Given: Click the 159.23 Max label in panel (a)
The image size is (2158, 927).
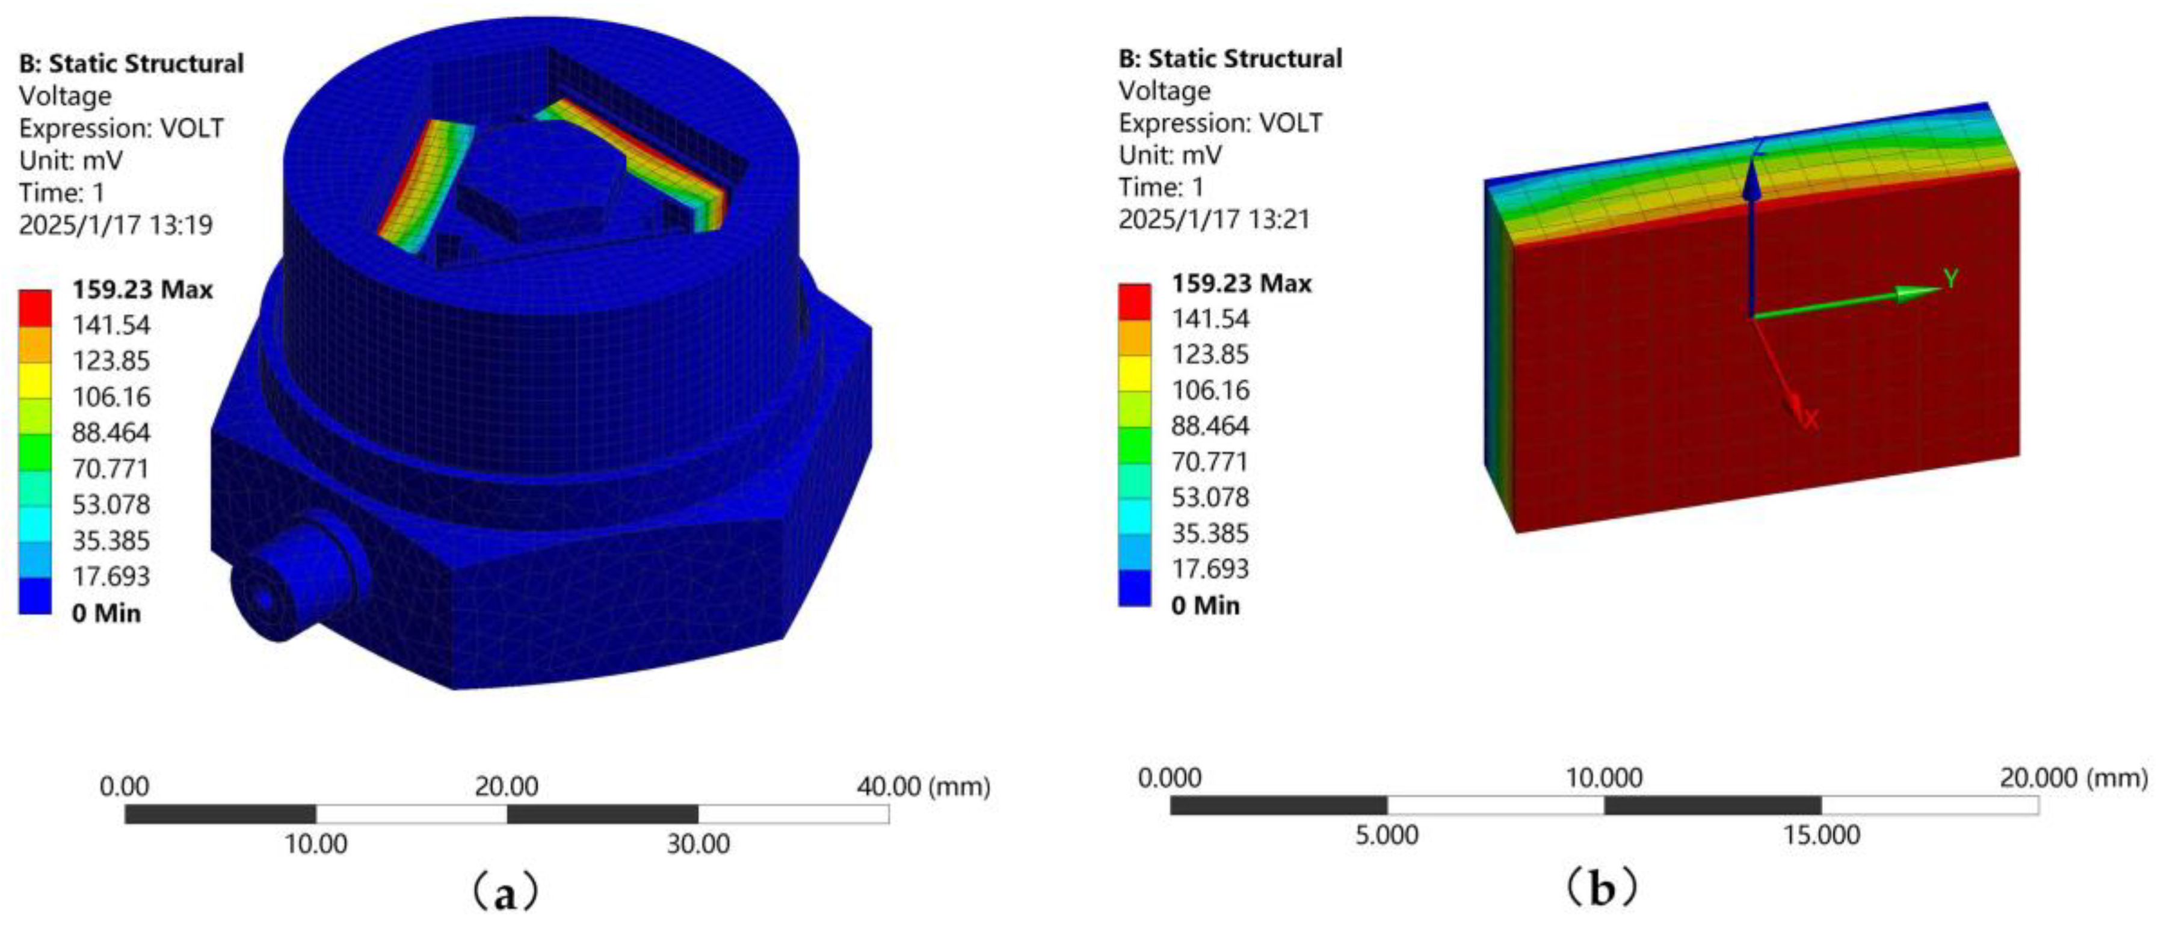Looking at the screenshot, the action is pyautogui.click(x=143, y=290).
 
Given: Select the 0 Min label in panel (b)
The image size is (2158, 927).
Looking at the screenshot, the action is pyautogui.click(x=1206, y=605).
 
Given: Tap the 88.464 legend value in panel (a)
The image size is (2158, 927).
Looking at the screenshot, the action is pyautogui.click(x=111, y=433).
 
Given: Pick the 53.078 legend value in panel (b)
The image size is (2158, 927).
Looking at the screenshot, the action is pyautogui.click(x=1210, y=497).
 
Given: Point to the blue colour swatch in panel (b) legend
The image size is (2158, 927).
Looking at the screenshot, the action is pyautogui.click(x=1134, y=588).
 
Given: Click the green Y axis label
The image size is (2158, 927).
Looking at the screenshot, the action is pyautogui.click(x=1951, y=279).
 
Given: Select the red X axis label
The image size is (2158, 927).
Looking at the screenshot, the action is pyautogui.click(x=1811, y=419).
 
